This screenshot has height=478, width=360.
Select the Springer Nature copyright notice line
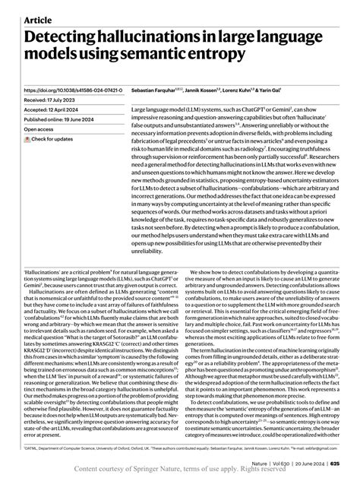coord(180,470)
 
